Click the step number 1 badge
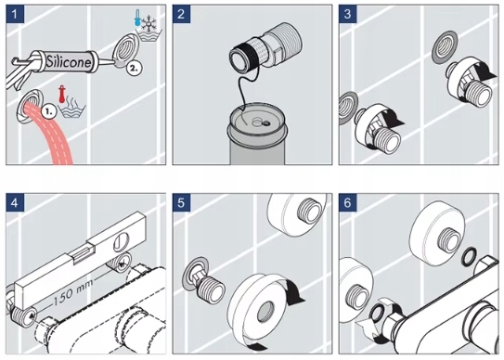tap(15, 14)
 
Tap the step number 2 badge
tap(181, 14)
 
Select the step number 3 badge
tap(348, 14)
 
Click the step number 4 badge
tap(15, 203)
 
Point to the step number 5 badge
tap(181, 203)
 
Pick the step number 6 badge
tap(348, 203)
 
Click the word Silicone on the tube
tap(69, 61)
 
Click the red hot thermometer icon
tap(61, 95)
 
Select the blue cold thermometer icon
tap(137, 18)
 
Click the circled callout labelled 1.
tap(49, 111)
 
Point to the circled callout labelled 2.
tap(134, 68)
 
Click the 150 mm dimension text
tap(72, 292)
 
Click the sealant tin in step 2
tap(256, 135)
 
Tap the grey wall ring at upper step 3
tap(446, 47)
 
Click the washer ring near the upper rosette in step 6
tap(470, 257)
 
